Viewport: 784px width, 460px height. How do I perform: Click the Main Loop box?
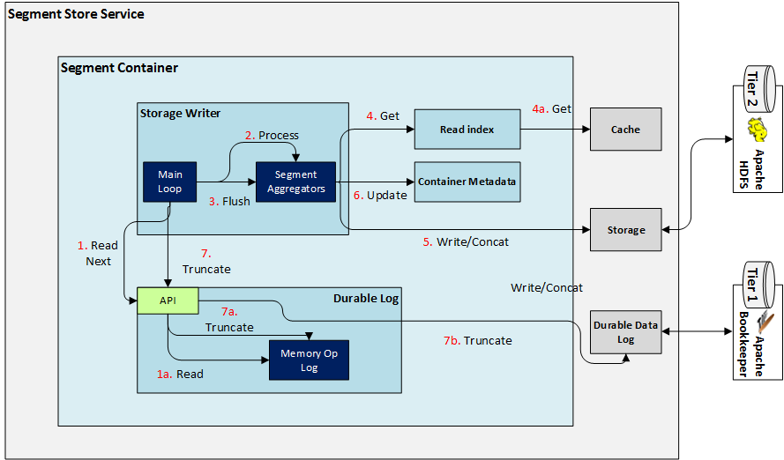point(170,182)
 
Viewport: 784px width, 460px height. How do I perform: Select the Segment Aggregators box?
point(295,182)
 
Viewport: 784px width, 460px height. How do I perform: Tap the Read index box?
point(467,130)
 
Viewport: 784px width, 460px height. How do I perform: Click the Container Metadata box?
point(467,182)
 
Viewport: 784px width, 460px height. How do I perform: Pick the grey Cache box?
point(625,130)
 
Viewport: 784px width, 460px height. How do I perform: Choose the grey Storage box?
point(625,230)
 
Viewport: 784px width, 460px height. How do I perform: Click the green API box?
point(168,301)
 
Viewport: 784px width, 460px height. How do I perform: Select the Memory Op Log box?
point(308,360)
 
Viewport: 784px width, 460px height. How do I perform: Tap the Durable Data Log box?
point(625,332)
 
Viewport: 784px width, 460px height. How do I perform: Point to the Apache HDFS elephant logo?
point(756,132)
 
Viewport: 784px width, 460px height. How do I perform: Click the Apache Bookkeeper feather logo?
point(756,320)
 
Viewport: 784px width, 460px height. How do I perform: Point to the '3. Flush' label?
point(229,201)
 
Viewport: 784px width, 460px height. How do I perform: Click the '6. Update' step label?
point(380,195)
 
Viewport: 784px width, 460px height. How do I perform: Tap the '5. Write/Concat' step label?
point(466,241)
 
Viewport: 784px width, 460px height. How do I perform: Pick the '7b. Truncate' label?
point(477,340)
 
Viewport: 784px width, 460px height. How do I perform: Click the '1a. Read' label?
point(180,375)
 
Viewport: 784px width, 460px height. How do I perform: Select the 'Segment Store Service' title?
point(76,14)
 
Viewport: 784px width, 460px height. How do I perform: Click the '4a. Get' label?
point(551,109)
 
